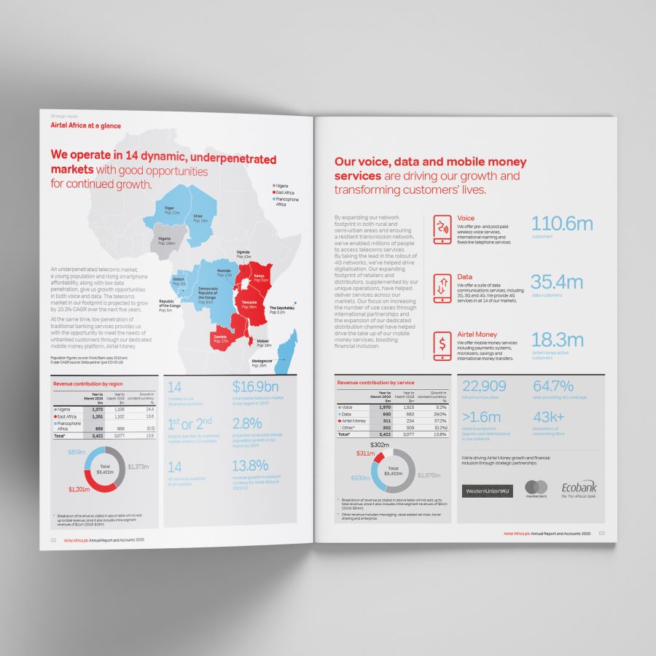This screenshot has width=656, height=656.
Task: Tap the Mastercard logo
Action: click(x=536, y=488)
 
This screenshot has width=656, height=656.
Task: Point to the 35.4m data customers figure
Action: click(x=557, y=282)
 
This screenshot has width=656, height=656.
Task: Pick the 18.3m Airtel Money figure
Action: click(x=557, y=340)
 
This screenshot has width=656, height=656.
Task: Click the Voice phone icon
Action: click(x=442, y=228)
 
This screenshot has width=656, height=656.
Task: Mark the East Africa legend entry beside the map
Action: click(x=286, y=192)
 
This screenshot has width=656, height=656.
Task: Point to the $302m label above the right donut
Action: click(x=380, y=445)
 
